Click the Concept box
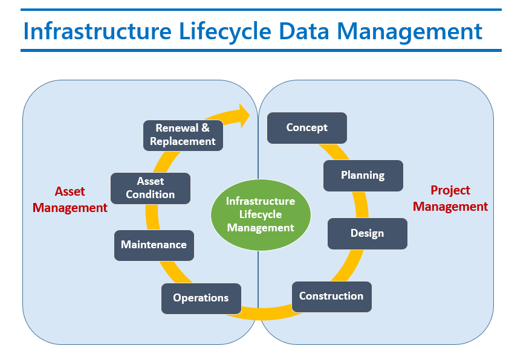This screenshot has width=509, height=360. [307, 127]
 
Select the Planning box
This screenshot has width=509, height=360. [363, 175]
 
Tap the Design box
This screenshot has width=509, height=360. [367, 233]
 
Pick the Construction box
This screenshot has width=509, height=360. [331, 296]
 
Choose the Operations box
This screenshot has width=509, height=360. [201, 298]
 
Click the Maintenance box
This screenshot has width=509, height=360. [154, 245]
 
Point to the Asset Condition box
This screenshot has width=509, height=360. [151, 188]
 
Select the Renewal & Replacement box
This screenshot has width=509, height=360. [183, 135]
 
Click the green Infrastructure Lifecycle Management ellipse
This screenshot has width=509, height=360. [261, 214]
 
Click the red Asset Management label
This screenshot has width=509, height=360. [70, 199]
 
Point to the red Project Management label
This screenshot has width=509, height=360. [450, 198]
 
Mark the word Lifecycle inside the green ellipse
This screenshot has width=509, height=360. [261, 214]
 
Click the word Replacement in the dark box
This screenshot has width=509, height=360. [183, 141]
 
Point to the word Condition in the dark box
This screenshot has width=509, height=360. [151, 194]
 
